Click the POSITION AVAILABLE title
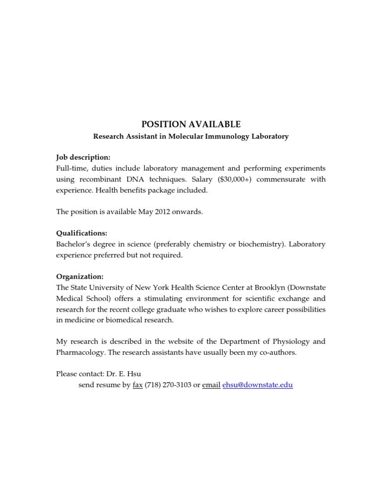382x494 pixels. (x=191, y=124)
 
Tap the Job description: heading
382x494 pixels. (x=83, y=157)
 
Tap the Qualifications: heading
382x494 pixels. (x=82, y=233)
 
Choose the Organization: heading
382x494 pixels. (x=80, y=276)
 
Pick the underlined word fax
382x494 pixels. (x=138, y=385)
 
